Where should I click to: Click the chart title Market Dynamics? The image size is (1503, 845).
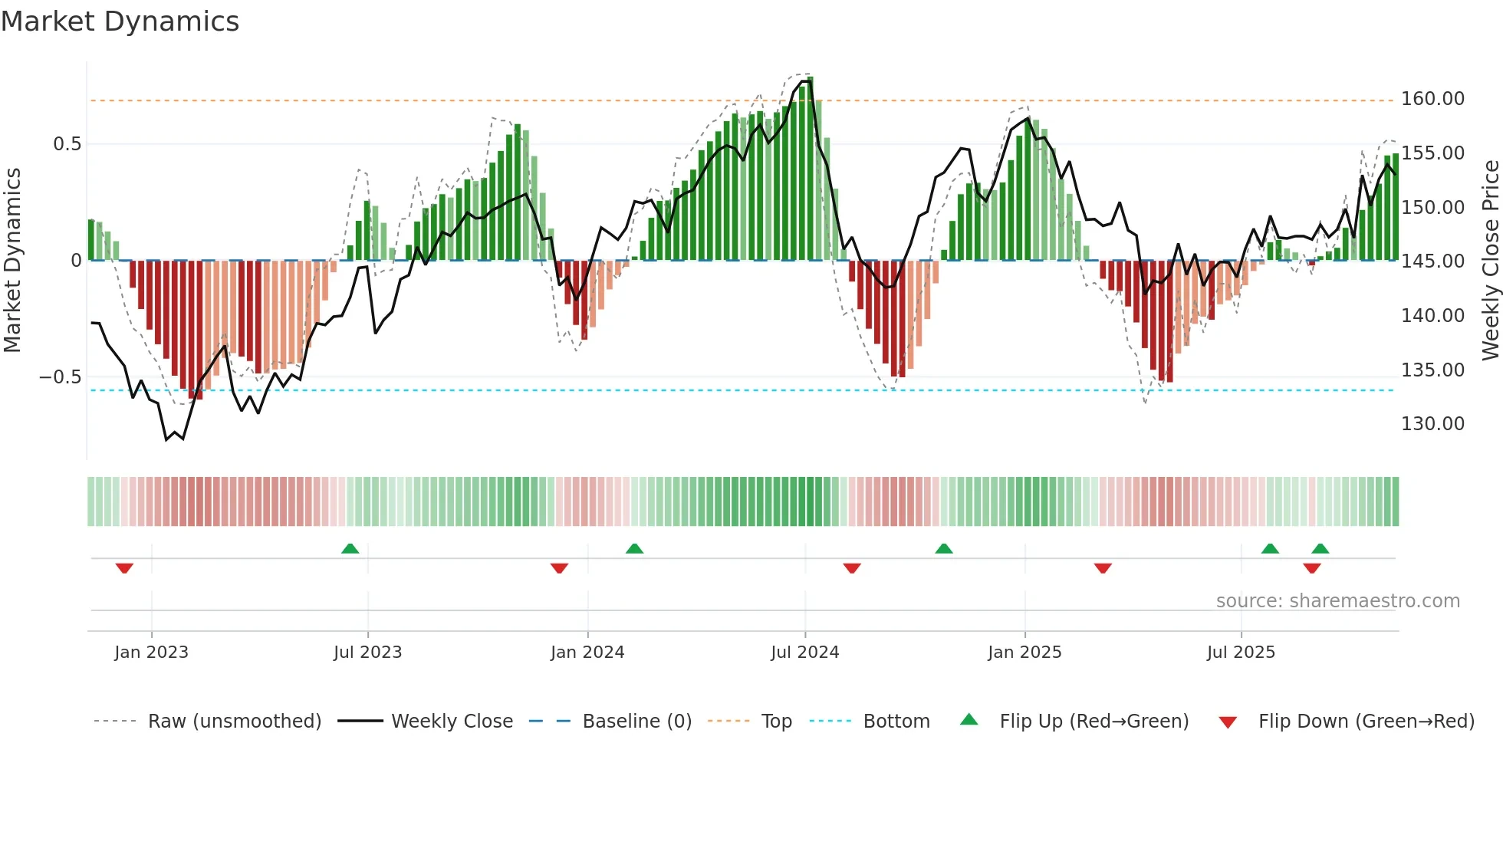pyautogui.click(x=120, y=21)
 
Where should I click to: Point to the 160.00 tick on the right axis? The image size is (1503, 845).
pyautogui.click(x=1432, y=99)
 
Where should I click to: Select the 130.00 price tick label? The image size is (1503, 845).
pyautogui.click(x=1432, y=424)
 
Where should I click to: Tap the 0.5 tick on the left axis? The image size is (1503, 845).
pyautogui.click(x=67, y=144)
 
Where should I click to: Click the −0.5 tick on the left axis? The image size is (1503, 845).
pyautogui.click(x=60, y=377)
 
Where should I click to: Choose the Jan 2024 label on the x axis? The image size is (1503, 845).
pyautogui.click(x=587, y=653)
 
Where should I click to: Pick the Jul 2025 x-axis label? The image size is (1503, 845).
pyautogui.click(x=1241, y=653)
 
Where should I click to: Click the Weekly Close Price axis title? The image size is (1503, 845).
pyautogui.click(x=1490, y=261)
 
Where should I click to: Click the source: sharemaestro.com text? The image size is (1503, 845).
pyautogui.click(x=1337, y=601)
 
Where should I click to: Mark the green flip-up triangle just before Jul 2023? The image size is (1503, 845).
pyautogui.click(x=350, y=548)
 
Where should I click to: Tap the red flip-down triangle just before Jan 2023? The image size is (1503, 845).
pyautogui.click(x=124, y=568)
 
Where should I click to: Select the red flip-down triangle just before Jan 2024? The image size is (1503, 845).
pyautogui.click(x=559, y=568)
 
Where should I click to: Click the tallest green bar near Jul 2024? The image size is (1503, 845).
pyautogui.click(x=810, y=169)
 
